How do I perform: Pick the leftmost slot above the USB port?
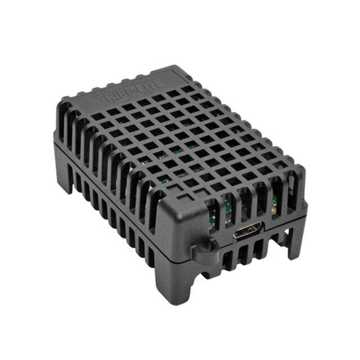tap(214, 210)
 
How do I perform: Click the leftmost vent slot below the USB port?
tap(227, 259)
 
